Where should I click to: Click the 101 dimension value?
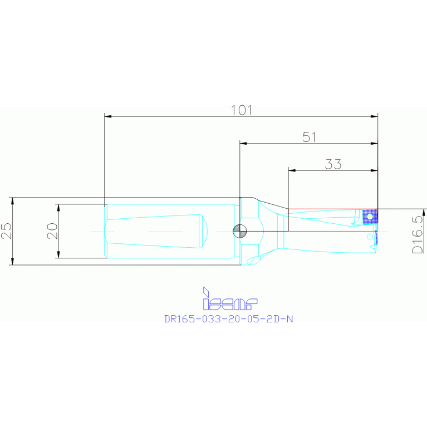pos(242,110)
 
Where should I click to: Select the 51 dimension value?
pos(310,137)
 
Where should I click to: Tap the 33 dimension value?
pos(333,164)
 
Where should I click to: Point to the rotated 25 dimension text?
pos(6,231)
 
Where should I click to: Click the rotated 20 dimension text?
pos(52,231)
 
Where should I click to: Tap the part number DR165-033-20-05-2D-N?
pos(228,320)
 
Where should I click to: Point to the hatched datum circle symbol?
pos(239,230)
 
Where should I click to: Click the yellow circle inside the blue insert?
pos(370,216)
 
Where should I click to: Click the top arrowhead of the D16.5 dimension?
pos(424,212)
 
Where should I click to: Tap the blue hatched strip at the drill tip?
pos(376,238)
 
